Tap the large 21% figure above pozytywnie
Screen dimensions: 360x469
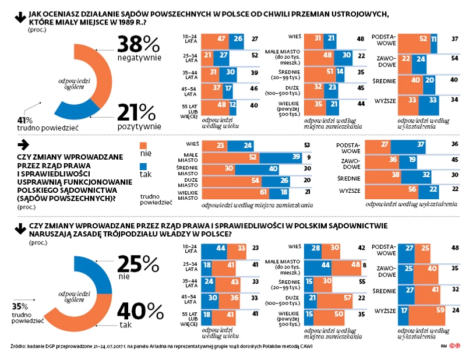138,112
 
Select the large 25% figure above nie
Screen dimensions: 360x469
138,264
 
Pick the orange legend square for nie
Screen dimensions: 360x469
144,146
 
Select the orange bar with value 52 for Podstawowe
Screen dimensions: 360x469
414,38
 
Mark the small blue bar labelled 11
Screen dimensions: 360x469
434,38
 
